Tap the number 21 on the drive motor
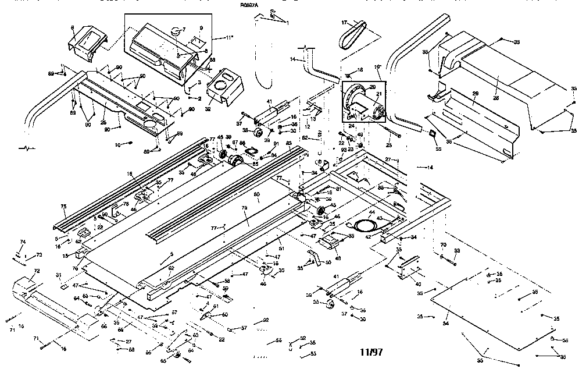(379, 94)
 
